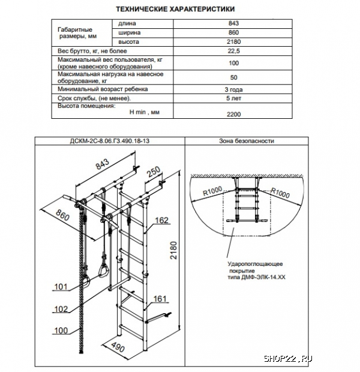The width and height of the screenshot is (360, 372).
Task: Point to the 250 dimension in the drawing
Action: tap(152, 173)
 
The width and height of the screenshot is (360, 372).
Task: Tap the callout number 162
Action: tap(161, 220)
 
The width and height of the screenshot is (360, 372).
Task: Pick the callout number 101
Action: tap(60, 286)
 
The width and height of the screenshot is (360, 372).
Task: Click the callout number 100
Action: tap(60, 331)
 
